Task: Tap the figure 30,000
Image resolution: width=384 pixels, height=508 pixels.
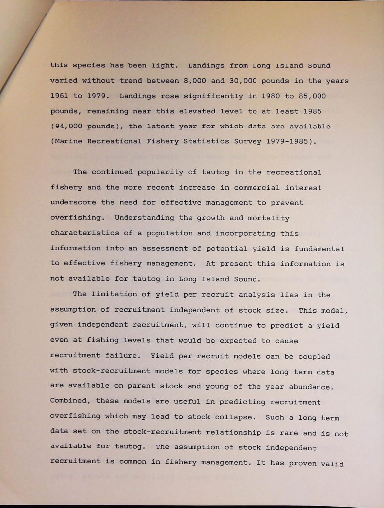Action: pos(241,81)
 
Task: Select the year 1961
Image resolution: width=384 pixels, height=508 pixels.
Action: pos(59,96)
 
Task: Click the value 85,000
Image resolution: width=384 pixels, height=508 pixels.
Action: pos(313,96)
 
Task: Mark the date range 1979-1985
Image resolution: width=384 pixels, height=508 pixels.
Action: pos(289,141)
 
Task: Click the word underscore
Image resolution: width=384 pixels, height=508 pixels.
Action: pos(73,203)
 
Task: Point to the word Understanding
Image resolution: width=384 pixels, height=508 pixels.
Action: pos(144,218)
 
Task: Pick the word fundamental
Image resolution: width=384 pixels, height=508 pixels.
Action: pos(319,249)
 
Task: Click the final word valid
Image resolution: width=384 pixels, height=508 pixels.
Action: pos(332,464)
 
